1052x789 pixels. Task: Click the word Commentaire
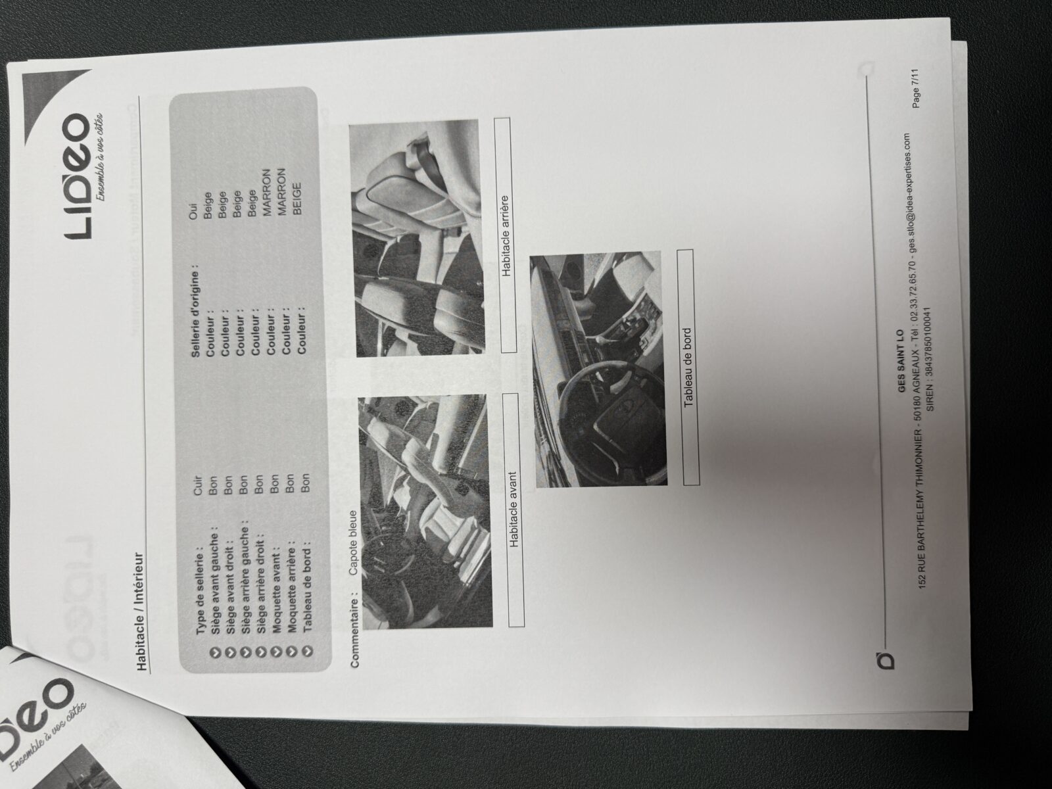[355, 631]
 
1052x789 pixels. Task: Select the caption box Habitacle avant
[514, 510]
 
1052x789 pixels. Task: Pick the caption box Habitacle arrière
[505, 235]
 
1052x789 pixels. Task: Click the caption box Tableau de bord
[688, 368]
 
